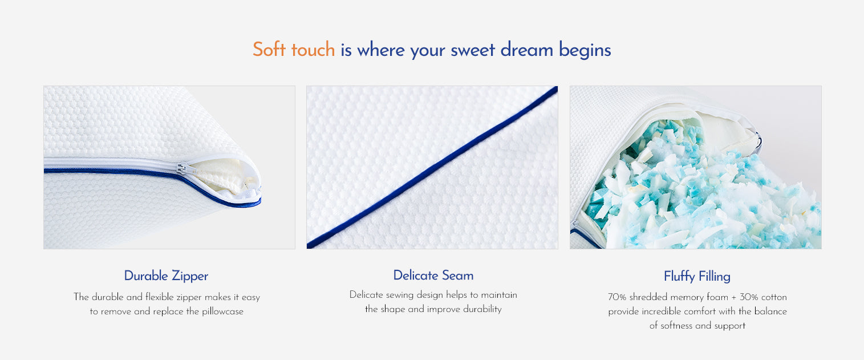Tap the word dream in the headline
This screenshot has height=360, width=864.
coord(527,50)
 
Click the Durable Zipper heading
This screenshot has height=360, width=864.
coord(166,276)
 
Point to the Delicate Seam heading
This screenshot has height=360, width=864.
coord(433,276)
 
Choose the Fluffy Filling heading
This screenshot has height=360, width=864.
coord(697,277)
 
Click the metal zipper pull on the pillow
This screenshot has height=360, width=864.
coord(182,169)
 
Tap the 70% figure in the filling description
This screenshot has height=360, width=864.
coord(616,297)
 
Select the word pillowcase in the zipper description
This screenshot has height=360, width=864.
coord(222,312)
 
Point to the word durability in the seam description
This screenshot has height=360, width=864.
coord(482,309)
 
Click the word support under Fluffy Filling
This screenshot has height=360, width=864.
coord(730,326)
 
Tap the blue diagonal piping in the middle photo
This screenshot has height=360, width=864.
coord(432,168)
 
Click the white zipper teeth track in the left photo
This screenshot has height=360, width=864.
coord(112,163)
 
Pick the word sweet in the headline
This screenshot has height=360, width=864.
coord(473,50)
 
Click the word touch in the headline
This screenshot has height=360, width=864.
coord(313,50)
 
